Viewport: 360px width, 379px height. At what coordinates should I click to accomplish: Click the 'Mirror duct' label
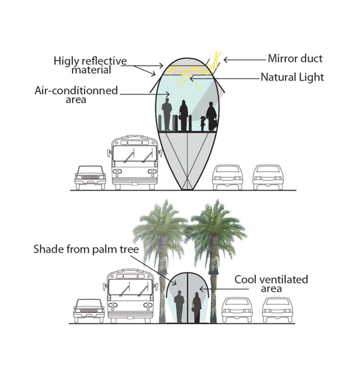click(295, 59)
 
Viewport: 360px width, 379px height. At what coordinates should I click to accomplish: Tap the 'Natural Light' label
click(292, 77)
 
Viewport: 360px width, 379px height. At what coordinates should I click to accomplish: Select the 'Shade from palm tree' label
click(86, 250)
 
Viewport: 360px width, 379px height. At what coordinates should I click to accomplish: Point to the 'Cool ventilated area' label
click(271, 284)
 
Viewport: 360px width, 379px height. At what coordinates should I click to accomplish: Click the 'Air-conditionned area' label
click(76, 95)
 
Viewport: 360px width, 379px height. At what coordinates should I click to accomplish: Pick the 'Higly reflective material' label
click(90, 65)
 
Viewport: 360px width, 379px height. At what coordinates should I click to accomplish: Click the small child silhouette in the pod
click(203, 123)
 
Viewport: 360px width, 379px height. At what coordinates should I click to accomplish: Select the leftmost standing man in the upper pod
click(167, 114)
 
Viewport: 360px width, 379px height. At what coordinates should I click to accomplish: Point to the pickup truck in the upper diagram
click(90, 177)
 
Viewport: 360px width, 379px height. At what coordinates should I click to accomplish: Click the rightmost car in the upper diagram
click(268, 177)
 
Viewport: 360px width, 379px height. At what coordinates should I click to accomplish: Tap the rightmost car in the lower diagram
click(278, 310)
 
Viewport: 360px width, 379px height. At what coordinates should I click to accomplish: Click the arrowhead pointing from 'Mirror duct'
click(225, 59)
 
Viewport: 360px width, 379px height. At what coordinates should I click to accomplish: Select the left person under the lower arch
click(179, 306)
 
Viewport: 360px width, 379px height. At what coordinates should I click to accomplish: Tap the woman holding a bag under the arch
click(196, 308)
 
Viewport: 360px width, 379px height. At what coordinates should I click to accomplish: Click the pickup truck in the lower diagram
click(89, 311)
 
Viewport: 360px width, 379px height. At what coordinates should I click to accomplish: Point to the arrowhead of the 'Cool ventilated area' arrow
click(201, 289)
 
